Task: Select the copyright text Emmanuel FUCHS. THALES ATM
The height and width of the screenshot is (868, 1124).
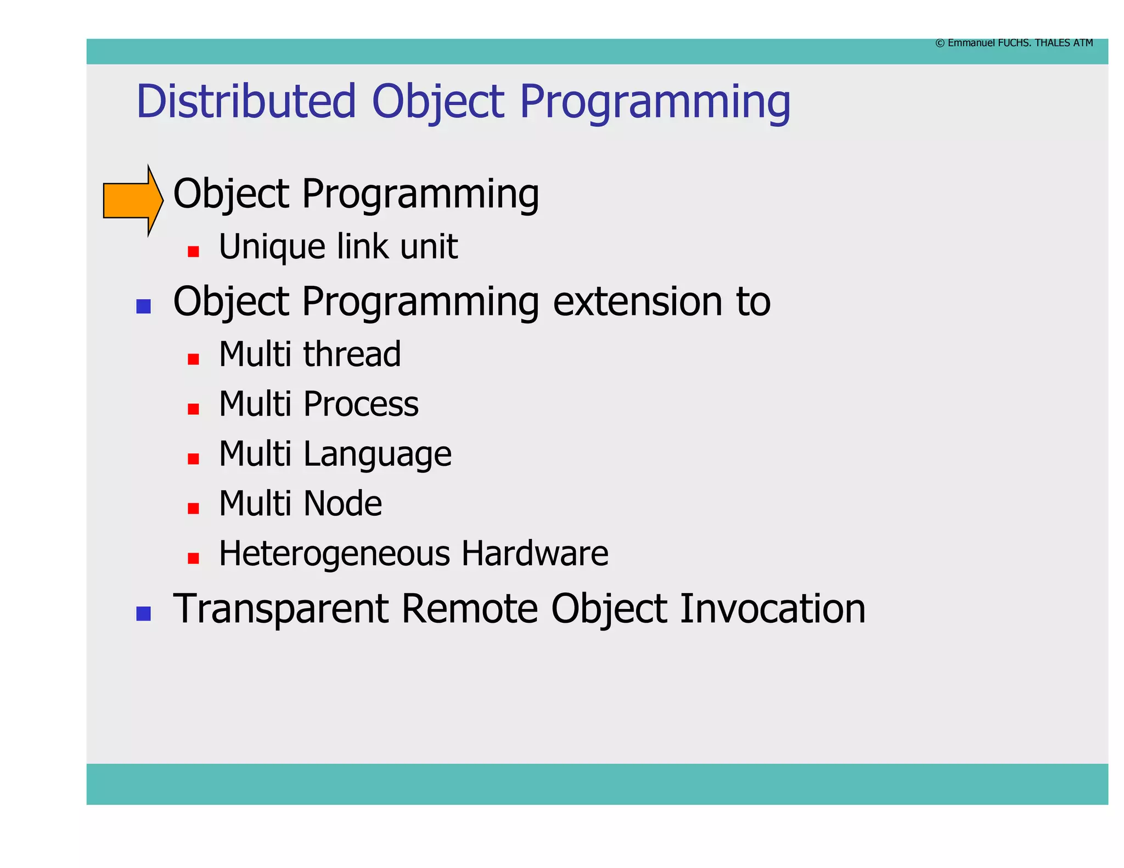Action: coord(1014,43)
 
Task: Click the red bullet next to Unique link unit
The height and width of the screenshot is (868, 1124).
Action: coord(193,251)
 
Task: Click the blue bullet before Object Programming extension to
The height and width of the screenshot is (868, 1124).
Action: coord(143,306)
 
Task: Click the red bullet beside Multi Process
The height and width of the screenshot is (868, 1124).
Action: coord(193,409)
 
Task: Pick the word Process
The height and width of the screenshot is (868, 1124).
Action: coord(361,404)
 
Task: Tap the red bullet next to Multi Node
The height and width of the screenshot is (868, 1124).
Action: coord(193,508)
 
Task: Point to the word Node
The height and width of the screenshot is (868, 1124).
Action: coord(342,504)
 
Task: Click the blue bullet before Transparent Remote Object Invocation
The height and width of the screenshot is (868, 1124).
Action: coord(143,613)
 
